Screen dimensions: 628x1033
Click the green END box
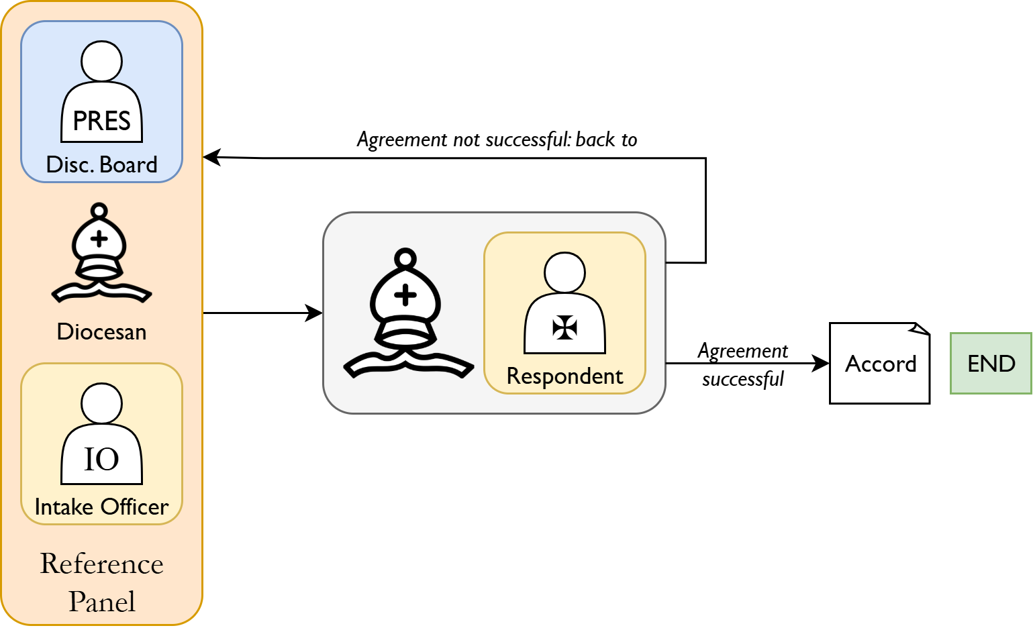point(991,363)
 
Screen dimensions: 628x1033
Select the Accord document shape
point(879,363)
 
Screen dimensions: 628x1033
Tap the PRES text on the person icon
point(101,121)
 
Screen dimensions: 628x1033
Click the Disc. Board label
point(101,164)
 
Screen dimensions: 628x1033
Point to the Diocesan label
point(101,331)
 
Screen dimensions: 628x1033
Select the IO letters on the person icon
point(101,460)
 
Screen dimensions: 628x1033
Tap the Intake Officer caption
point(101,507)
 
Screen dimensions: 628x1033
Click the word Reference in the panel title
point(101,564)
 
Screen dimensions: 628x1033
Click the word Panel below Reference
point(101,602)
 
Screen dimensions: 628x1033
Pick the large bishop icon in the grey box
point(407,314)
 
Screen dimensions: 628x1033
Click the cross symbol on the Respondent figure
point(564,327)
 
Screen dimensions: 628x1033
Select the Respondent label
point(564,376)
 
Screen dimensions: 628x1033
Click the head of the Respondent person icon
point(564,272)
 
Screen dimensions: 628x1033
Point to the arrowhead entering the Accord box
point(822,363)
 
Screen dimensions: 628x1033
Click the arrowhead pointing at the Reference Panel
point(211,158)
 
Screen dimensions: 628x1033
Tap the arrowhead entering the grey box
point(315,313)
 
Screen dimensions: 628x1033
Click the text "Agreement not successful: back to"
point(497,140)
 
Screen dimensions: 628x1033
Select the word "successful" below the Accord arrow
point(742,380)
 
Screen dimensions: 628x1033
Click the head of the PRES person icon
point(101,61)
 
